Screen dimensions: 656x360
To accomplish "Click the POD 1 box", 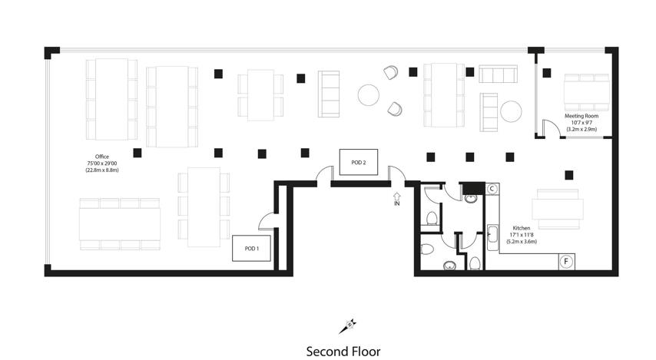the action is point(251,249).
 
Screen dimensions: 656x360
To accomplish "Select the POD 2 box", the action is point(359,162).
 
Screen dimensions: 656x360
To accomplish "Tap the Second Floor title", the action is point(343,352).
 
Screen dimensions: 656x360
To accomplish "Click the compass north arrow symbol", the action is point(348,326).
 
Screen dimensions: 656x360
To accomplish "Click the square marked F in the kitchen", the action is point(566,262).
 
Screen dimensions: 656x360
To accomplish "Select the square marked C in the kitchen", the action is point(492,189).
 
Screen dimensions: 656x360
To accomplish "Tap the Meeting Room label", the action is point(581,116).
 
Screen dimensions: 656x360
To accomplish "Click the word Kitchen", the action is point(522,228).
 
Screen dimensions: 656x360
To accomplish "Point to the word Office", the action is point(101,157).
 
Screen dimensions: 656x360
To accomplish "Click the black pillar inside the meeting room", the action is point(547,73).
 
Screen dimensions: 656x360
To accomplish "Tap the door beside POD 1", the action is point(267,221).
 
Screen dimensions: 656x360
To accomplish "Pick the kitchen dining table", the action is point(558,209).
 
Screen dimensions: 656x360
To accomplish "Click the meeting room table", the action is point(587,92).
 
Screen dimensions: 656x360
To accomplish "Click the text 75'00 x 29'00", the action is point(102,163).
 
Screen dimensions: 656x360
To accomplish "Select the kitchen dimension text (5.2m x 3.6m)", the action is point(522,242).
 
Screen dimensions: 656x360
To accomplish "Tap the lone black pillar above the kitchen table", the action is point(569,175).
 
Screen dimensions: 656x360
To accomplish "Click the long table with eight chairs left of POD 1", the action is point(120,224).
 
